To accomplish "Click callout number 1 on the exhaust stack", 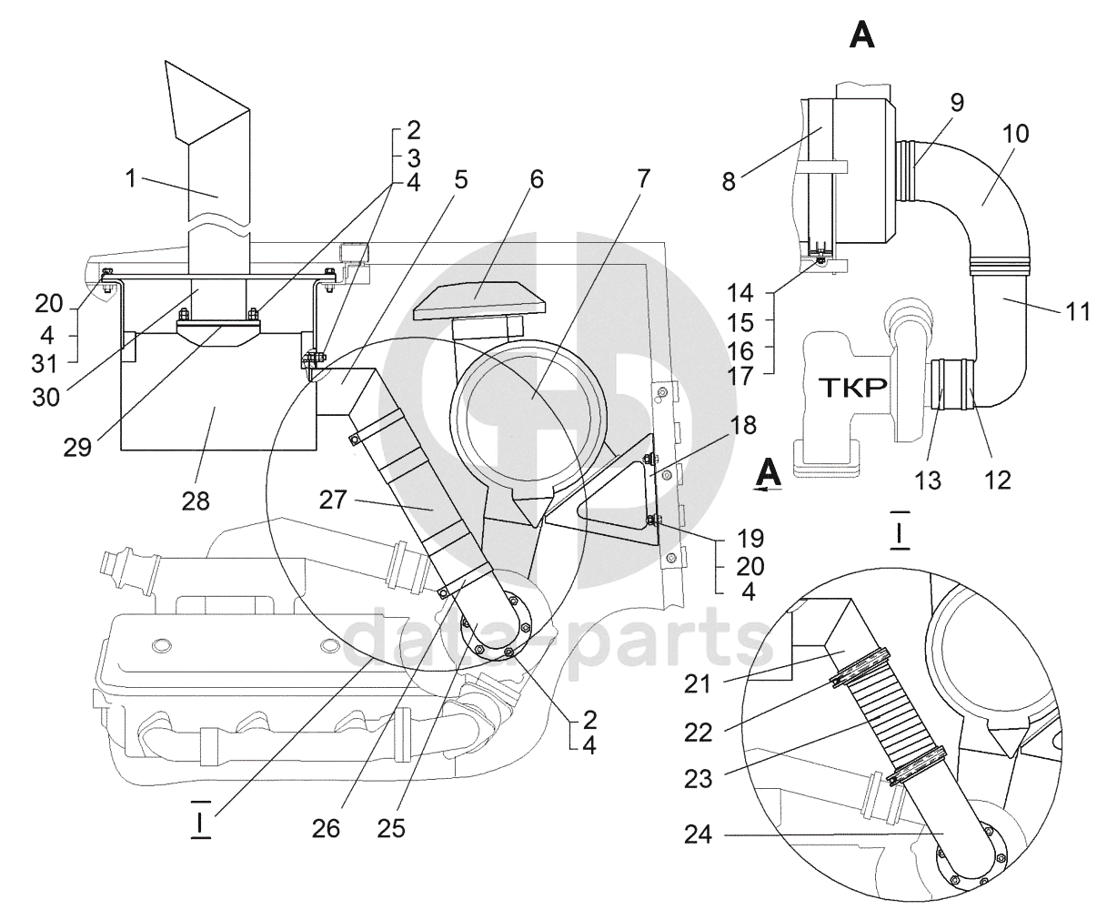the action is pos(131,179).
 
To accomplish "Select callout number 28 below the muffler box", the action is pos(196,500).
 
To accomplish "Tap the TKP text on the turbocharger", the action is pos(852,388).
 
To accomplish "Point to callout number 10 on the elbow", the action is pos(1015,134).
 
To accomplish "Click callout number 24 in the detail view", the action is pos(698,835).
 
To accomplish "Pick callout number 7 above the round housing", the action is pos(643,178).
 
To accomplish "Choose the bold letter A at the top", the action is pos(861,36).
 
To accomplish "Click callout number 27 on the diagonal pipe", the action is pos(333,500).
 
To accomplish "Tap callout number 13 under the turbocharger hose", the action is pos(928,480).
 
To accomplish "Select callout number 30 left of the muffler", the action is pos(46,398).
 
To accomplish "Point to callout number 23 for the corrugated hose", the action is pos(698,779).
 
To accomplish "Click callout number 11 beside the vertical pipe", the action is pos(1077,311).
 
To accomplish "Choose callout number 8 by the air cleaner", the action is pos(729,182).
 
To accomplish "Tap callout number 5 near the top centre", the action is pos(461,180).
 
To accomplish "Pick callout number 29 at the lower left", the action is pos(77,448).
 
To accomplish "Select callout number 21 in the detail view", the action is pos(697,685).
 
